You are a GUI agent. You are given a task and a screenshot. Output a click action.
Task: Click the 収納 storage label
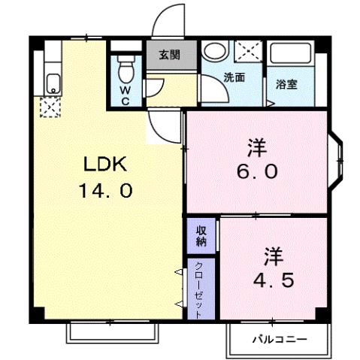pyautogui.click(x=201, y=235)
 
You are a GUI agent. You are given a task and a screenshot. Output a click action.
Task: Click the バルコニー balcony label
pyautogui.click(x=279, y=340)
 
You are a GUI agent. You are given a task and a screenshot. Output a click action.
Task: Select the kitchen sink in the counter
pyautogui.click(x=53, y=83)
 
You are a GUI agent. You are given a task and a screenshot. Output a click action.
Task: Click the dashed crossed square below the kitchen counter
pyautogui.click(x=50, y=109)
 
